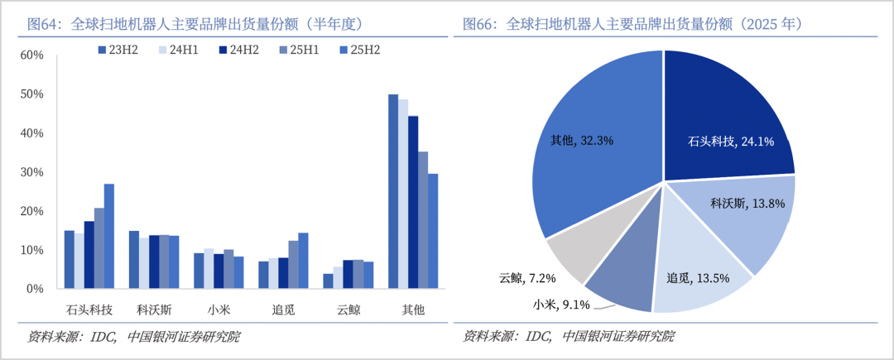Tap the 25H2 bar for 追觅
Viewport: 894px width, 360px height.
coord(303,261)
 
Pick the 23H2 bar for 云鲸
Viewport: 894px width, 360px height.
coord(328,281)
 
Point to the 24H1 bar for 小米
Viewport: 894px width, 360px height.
coord(209,268)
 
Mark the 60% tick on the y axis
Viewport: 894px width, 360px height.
coord(31,55)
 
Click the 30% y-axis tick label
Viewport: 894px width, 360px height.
coord(31,172)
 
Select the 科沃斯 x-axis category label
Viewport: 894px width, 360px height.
coord(154,310)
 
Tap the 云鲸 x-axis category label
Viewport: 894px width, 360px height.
coord(348,310)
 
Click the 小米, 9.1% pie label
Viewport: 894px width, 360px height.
coord(561,305)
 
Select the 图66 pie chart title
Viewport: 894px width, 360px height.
coord(633,23)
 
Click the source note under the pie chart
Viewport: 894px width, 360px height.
coord(569,336)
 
